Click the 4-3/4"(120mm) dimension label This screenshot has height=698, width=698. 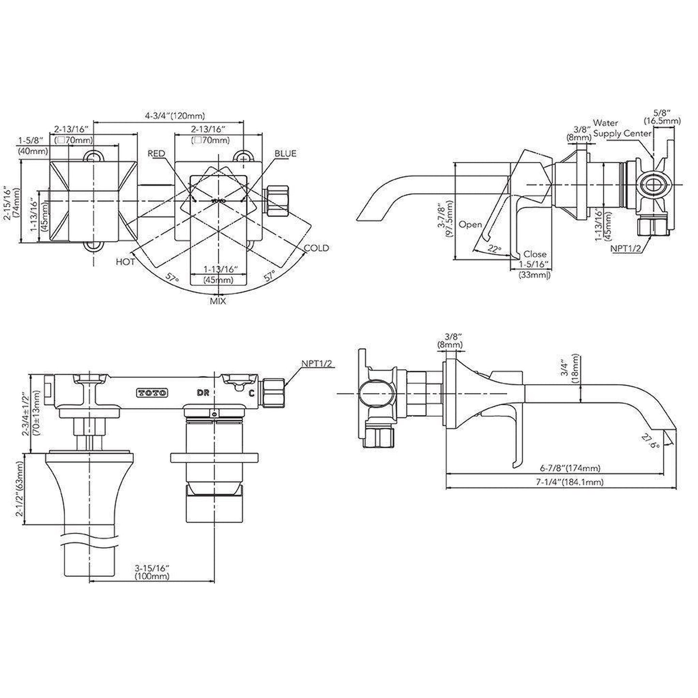[x=175, y=116]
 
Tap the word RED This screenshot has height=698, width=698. [x=156, y=154]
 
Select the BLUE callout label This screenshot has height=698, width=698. [x=285, y=154]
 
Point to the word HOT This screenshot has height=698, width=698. [x=125, y=261]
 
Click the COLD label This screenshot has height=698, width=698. [x=316, y=248]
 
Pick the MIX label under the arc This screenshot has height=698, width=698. [x=218, y=301]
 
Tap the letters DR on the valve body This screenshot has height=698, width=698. [x=203, y=393]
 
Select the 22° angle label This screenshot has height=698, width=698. [x=494, y=249]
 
